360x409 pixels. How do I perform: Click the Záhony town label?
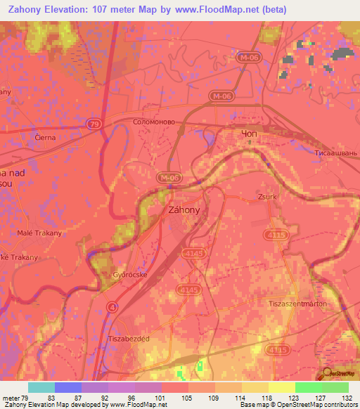(185, 209)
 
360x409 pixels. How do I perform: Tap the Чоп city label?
(250, 134)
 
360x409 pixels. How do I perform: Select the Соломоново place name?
(159, 122)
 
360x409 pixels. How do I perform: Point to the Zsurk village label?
(269, 197)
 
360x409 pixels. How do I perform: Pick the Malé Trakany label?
(39, 233)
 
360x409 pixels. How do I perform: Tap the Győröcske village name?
(129, 275)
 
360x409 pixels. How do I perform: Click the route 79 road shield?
(94, 124)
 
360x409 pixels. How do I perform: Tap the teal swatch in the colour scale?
(41, 387)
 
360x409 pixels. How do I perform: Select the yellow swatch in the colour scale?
(283, 387)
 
